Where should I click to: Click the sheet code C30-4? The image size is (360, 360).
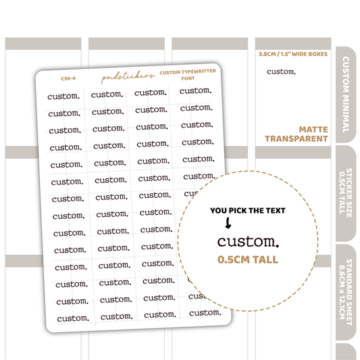click(x=68, y=78)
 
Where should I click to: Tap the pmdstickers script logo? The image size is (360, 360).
click(x=128, y=77)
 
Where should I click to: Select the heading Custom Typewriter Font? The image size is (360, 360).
click(x=188, y=75)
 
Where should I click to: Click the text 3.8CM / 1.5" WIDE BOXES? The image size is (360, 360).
click(x=293, y=54)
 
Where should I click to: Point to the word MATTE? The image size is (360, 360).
click(x=313, y=130)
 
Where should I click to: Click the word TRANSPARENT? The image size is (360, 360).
click(x=297, y=139)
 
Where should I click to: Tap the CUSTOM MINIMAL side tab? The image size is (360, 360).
click(x=346, y=95)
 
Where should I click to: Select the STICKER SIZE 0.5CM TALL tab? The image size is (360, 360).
click(x=346, y=193)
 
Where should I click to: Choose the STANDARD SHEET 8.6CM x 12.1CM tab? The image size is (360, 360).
click(x=346, y=292)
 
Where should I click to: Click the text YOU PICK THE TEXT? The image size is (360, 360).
click(x=248, y=211)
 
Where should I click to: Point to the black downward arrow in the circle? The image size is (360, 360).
click(x=228, y=223)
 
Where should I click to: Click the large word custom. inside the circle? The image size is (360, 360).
click(x=248, y=242)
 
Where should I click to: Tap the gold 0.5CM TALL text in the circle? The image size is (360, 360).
click(x=248, y=259)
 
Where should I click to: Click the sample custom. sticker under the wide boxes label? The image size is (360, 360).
click(x=281, y=72)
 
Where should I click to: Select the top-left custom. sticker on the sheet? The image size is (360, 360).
click(x=63, y=97)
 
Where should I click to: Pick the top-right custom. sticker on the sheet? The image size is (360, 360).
click(x=196, y=91)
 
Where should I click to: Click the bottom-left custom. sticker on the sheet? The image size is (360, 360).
click(x=73, y=318)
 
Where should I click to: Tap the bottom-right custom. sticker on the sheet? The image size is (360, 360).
click(x=205, y=313)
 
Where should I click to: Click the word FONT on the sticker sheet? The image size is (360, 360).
click(x=188, y=78)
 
